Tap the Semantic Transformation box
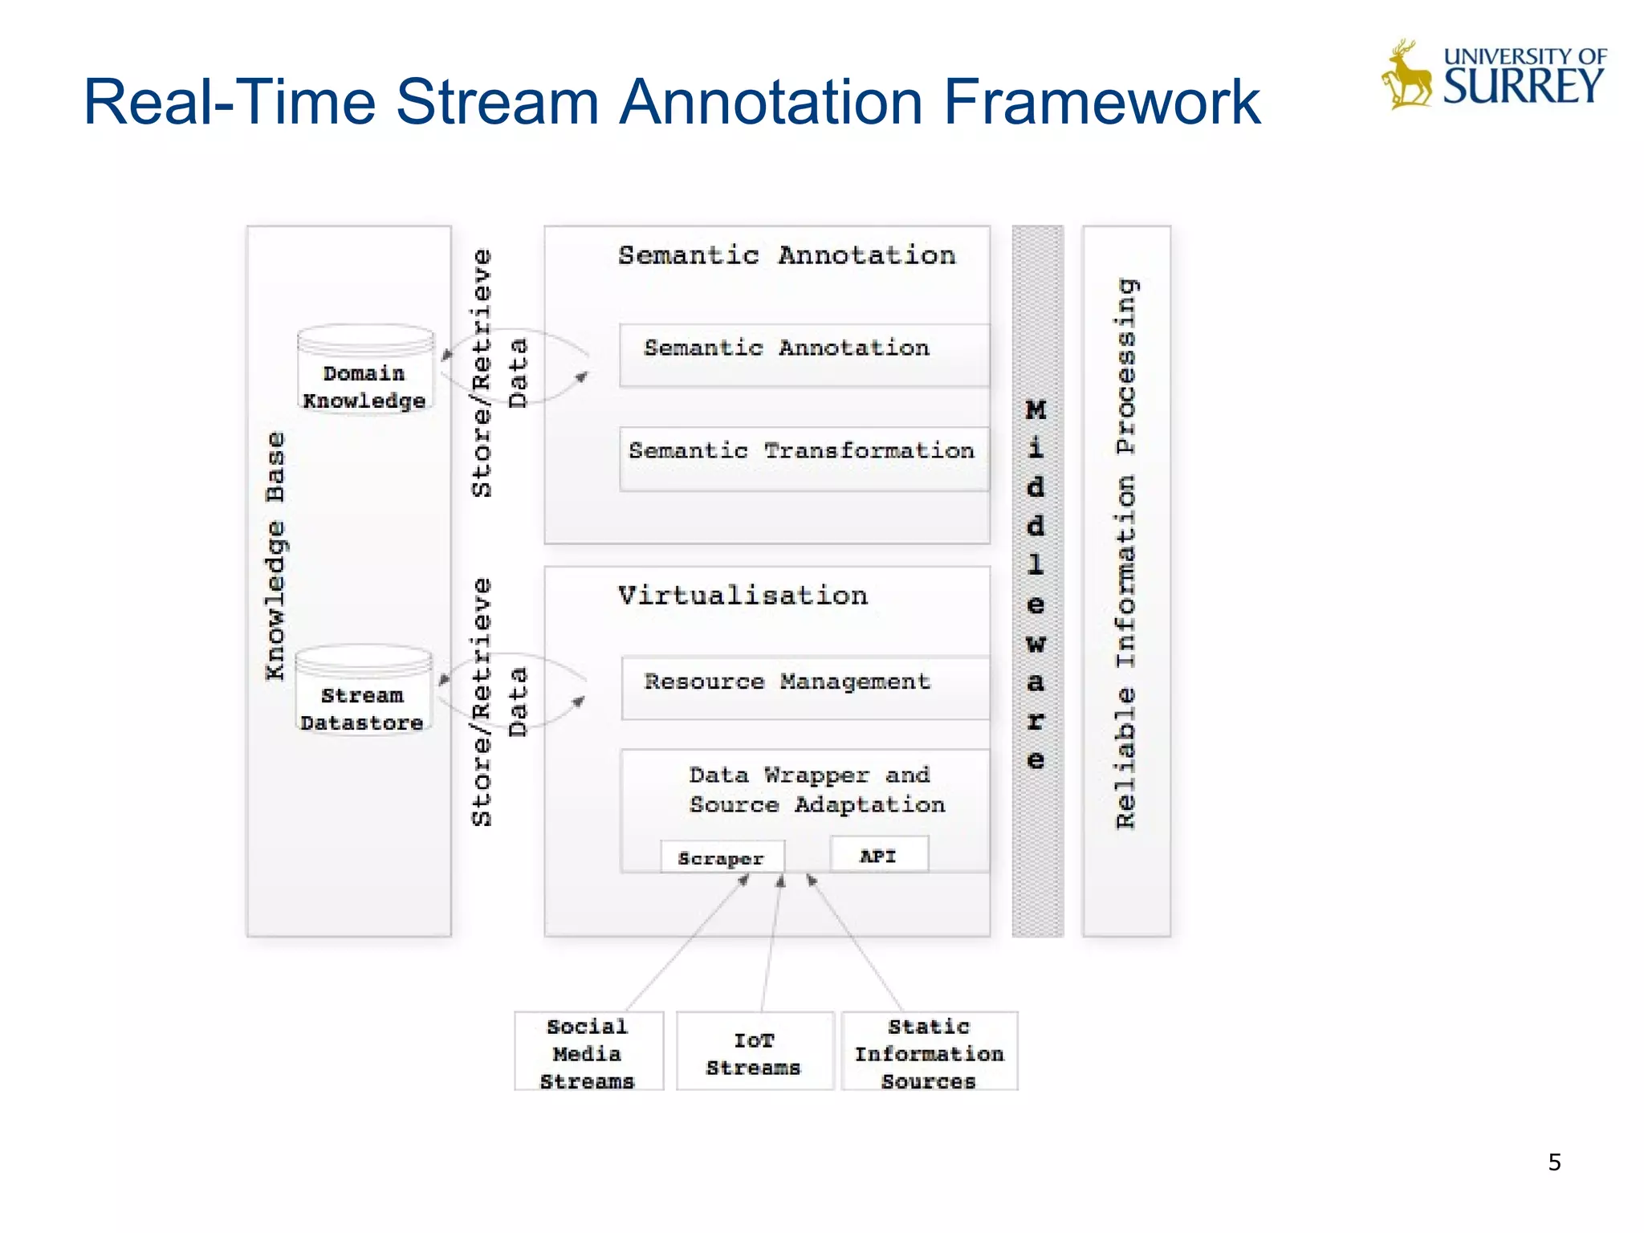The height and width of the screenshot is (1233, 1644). click(x=803, y=458)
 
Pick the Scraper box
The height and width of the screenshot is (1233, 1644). click(x=722, y=857)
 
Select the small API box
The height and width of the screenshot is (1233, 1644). click(x=879, y=855)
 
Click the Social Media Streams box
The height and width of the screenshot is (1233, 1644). click(x=588, y=1052)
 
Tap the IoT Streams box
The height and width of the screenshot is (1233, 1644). click(x=755, y=1052)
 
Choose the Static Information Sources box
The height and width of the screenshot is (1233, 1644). click(x=930, y=1052)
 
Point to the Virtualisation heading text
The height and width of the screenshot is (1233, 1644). click(x=743, y=596)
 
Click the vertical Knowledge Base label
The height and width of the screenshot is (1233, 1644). click(x=275, y=555)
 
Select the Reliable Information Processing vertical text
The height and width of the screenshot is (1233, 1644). click(x=1126, y=554)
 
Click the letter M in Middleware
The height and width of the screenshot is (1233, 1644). click(x=1036, y=410)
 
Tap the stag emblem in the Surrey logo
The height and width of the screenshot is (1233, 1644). click(x=1406, y=75)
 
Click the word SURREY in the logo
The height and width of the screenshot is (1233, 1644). click(x=1523, y=87)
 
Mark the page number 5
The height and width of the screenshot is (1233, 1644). click(x=1554, y=1162)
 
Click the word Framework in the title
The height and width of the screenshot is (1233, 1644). click(x=1101, y=102)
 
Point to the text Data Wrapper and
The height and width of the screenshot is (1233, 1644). click(x=809, y=775)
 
